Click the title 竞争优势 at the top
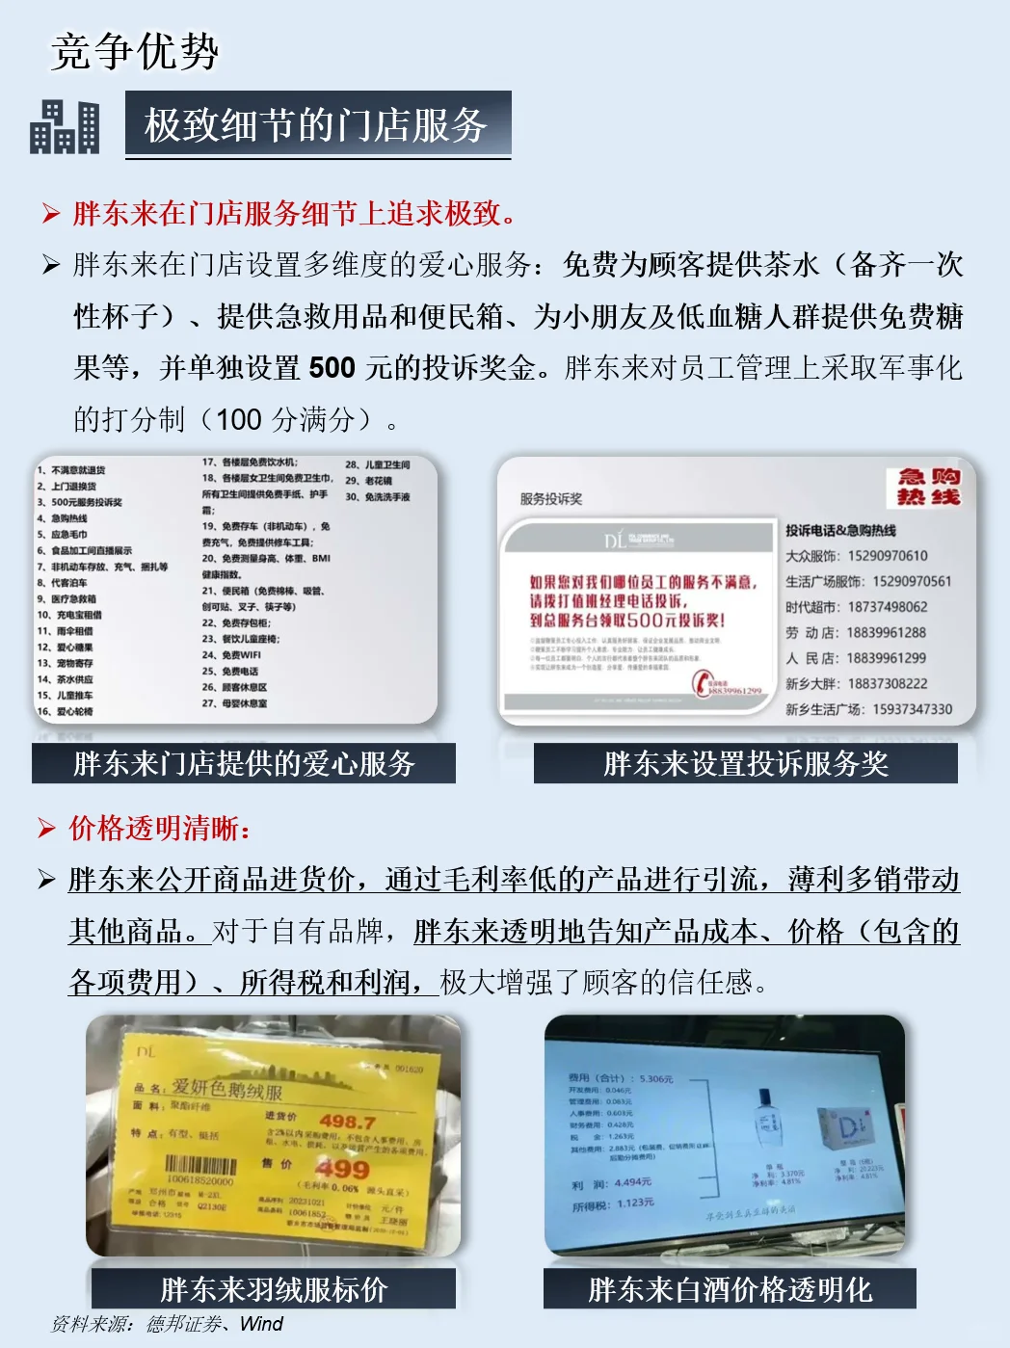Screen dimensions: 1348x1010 (135, 52)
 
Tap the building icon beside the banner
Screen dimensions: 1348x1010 (65, 127)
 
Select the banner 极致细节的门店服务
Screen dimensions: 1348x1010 (317, 125)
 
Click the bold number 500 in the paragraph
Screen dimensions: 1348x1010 (332, 368)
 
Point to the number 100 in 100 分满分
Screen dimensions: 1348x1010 (238, 420)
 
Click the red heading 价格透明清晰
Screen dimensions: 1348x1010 (160, 828)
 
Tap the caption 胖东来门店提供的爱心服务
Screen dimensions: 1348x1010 (244, 763)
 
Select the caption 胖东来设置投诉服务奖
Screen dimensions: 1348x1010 (745, 763)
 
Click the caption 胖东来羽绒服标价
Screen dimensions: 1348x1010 (274, 1288)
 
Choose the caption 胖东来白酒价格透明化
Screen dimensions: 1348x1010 (730, 1288)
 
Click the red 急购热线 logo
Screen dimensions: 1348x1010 (928, 487)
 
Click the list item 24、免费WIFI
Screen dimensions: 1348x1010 (231, 655)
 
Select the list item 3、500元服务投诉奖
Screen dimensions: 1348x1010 (80, 502)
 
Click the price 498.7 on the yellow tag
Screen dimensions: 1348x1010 (347, 1122)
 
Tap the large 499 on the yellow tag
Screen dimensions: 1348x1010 (342, 1169)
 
